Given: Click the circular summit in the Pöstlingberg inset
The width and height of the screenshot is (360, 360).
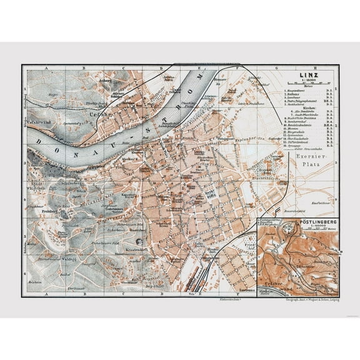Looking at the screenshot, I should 289,241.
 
